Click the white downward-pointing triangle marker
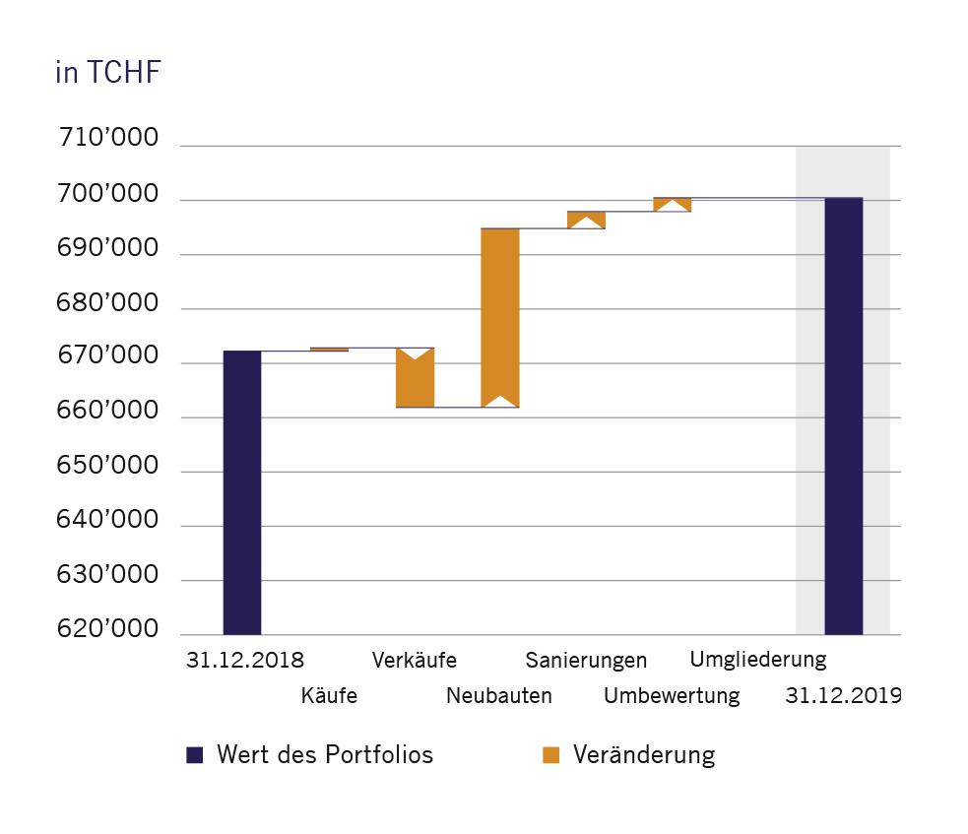tap(416, 353)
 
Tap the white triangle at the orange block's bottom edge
tap(500, 402)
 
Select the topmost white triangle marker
tap(673, 205)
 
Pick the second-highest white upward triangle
tap(586, 223)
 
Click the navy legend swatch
tap(203, 755)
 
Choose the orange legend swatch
tap(559, 755)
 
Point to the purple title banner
tap(484, 94)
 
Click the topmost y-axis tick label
tap(118, 193)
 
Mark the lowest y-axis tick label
tap(118, 628)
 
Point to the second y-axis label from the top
tap(118, 247)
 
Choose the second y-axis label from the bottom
tap(118, 574)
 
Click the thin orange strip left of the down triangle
tap(353, 350)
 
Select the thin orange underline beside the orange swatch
tap(640, 763)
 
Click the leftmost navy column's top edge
tap(242, 352)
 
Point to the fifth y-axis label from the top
tap(118, 410)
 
